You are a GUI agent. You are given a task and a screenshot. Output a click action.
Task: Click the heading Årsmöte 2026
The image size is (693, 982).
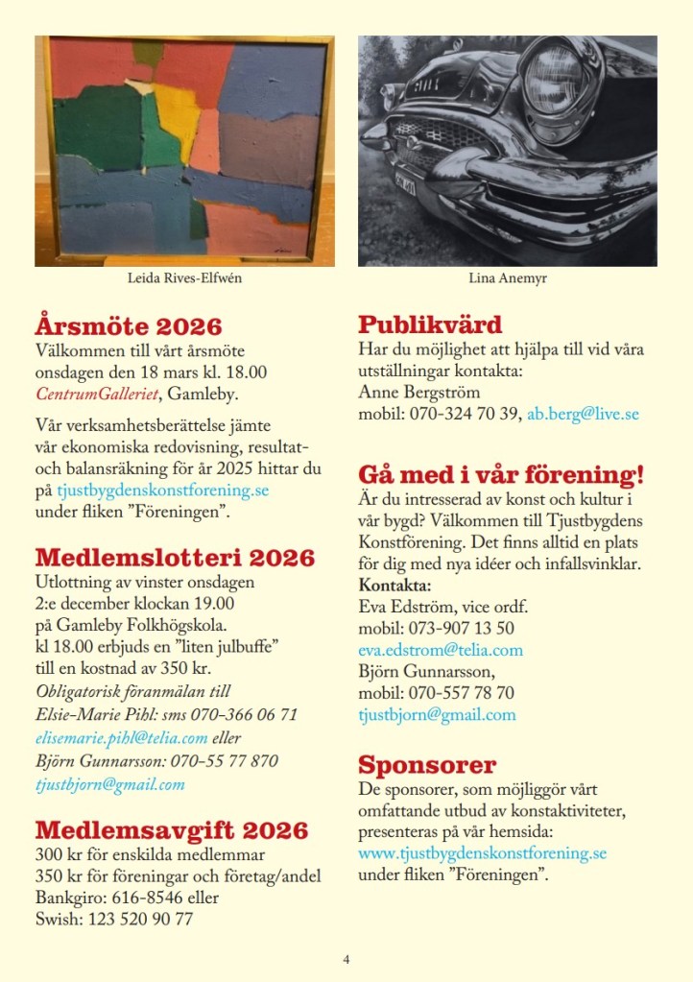tap(129, 326)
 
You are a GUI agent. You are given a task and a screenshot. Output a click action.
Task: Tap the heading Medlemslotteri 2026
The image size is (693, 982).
tap(175, 558)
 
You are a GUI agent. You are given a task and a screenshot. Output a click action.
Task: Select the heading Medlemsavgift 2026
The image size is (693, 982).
tap(172, 830)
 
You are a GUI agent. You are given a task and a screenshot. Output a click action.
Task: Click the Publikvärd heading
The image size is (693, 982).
tap(430, 324)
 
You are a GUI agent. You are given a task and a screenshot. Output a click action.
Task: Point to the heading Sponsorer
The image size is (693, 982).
tap(427, 765)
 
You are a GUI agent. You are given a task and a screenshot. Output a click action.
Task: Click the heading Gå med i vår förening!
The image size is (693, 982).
tap(500, 475)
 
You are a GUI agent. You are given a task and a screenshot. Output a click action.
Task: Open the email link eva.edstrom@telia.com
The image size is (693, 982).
tap(441, 650)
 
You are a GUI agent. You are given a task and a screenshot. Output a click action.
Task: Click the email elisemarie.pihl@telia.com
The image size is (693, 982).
tap(122, 738)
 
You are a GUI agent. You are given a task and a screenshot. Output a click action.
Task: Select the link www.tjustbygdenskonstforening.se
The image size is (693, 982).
tap(483, 853)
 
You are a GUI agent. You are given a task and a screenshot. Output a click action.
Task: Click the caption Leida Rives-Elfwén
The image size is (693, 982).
tap(184, 280)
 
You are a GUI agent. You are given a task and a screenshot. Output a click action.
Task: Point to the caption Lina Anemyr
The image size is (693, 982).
tap(507, 280)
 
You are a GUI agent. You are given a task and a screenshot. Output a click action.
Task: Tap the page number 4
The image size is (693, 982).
tap(346, 958)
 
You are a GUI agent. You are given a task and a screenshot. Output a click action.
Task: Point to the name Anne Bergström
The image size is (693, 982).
tap(418, 393)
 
